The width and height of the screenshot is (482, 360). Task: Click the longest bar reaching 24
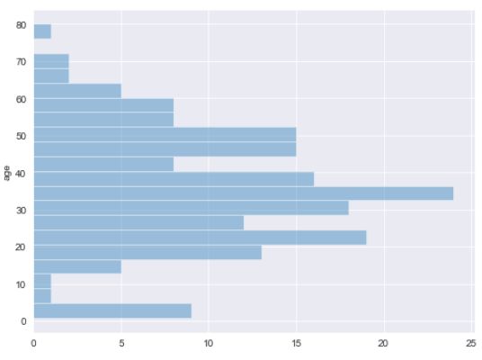click(243, 193)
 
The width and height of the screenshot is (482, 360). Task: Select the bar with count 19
click(200, 238)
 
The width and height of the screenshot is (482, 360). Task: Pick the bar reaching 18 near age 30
click(191, 208)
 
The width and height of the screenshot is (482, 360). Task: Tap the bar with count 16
click(174, 178)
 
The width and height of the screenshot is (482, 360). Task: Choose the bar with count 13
click(147, 252)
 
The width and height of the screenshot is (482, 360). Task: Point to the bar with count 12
click(138, 222)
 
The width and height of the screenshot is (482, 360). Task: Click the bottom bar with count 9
click(112, 310)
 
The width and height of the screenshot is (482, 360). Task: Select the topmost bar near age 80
click(42, 31)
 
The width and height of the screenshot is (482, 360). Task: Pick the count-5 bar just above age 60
click(77, 90)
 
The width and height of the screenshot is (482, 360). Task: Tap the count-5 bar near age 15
click(77, 266)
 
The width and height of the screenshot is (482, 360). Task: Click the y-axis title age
click(6, 172)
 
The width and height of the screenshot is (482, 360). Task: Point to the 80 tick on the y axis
click(21, 25)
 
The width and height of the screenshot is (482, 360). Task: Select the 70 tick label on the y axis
click(21, 62)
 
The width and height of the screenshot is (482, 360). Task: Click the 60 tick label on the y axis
click(21, 99)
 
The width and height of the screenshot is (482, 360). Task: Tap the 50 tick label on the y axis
click(21, 136)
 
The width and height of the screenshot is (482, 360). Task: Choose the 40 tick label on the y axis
click(21, 173)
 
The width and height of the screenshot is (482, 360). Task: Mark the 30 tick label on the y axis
click(21, 210)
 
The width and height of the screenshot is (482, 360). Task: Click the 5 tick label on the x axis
click(121, 342)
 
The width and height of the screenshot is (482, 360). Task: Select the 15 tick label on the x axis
click(296, 342)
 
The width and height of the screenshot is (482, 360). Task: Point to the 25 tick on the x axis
click(470, 342)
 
